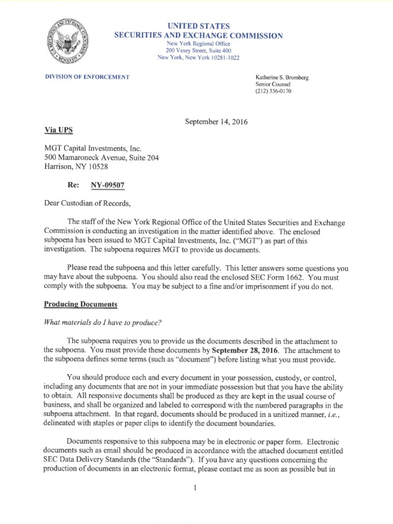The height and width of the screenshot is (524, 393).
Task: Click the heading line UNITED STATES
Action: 199,26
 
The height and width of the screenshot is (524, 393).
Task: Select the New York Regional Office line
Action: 199,43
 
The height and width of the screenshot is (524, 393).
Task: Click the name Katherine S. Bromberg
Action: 281,77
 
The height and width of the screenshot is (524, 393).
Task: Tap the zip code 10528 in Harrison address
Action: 98,166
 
